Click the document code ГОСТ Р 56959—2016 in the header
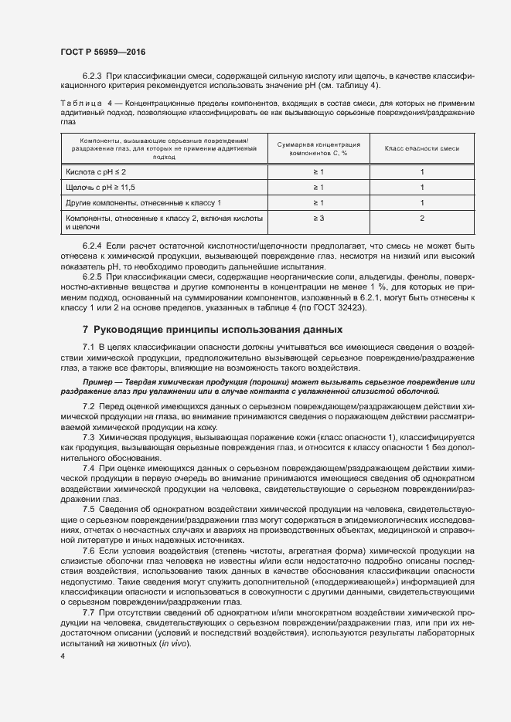(x=103, y=52)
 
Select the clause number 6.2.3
(x=94, y=76)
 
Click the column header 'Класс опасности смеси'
(x=422, y=148)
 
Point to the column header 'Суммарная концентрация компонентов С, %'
(x=319, y=148)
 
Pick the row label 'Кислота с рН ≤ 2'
(x=97, y=172)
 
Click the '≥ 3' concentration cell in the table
(x=319, y=219)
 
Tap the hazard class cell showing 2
(x=422, y=219)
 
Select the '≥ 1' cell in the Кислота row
(x=319, y=172)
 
